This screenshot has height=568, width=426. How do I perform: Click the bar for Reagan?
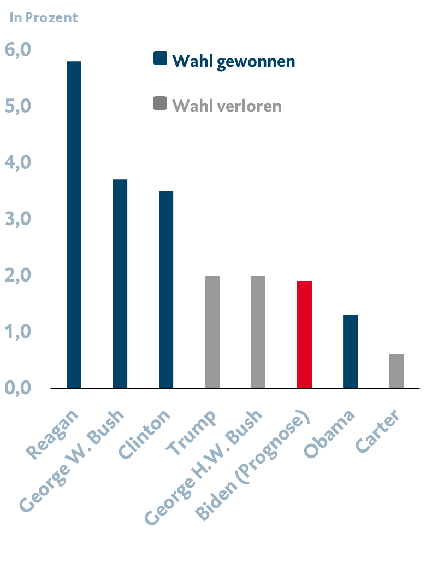click(x=74, y=224)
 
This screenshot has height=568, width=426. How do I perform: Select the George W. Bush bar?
click(x=120, y=283)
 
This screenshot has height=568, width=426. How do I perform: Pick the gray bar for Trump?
click(x=212, y=331)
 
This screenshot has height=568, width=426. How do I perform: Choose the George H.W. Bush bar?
click(x=258, y=331)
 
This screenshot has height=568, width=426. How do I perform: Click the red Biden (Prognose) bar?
click(x=304, y=334)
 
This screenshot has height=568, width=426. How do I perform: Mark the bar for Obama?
click(x=351, y=351)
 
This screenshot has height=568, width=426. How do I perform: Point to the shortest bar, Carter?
click(x=397, y=371)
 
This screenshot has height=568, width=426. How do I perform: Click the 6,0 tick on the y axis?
click(x=18, y=50)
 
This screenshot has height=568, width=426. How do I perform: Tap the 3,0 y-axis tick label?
click(x=18, y=219)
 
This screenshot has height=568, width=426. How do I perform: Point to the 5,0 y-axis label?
click(x=18, y=107)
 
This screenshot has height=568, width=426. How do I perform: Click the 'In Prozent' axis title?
click(x=44, y=17)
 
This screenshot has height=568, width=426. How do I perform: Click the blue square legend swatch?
click(x=160, y=59)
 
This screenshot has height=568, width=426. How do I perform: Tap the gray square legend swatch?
click(x=160, y=104)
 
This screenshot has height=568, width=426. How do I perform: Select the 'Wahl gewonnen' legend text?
click(x=233, y=61)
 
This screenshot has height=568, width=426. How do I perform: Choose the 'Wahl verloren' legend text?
click(x=227, y=105)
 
